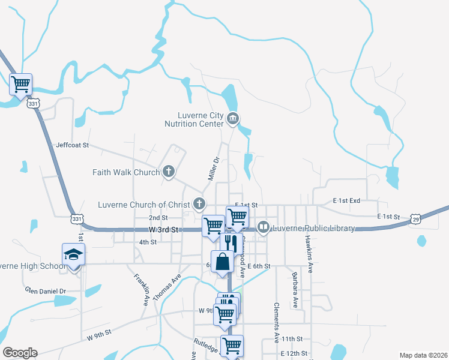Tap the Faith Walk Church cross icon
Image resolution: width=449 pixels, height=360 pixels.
pyautogui.click(x=169, y=172)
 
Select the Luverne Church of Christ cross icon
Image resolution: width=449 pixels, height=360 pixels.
pyautogui.click(x=199, y=204)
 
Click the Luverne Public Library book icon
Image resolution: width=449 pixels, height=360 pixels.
pyautogui.click(x=263, y=228)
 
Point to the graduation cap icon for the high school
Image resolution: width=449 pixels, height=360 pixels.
pyautogui.click(x=74, y=254)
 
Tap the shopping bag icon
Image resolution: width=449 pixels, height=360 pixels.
pyautogui.click(x=222, y=262)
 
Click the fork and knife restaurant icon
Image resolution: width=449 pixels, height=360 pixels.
pyautogui.click(x=231, y=242)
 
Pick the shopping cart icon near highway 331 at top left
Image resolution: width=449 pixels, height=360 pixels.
pyautogui.click(x=21, y=83)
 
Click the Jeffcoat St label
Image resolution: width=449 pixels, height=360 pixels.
pyautogui.click(x=72, y=145)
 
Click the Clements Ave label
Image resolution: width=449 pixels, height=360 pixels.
pyautogui.click(x=277, y=318)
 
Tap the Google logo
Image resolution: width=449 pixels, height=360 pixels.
pyautogui.click(x=20, y=353)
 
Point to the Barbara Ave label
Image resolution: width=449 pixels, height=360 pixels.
pyautogui.click(x=295, y=290)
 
